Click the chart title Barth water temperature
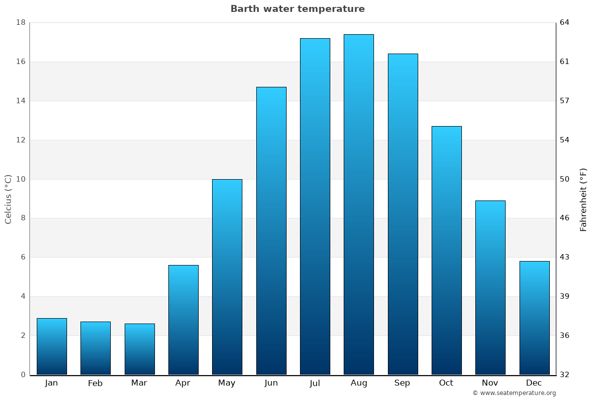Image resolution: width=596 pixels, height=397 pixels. (x=298, y=9)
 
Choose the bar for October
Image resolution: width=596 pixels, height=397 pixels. (x=447, y=250)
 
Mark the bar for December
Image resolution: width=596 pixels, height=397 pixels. (x=534, y=318)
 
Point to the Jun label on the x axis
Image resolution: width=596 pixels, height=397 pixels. (x=271, y=383)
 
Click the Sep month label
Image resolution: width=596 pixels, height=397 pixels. (x=402, y=383)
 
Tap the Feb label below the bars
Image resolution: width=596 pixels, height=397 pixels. (x=95, y=383)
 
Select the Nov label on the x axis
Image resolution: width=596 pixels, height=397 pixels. (x=490, y=383)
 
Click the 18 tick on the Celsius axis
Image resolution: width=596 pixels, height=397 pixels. (x=21, y=22)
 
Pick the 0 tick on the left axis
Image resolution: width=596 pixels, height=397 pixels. (x=23, y=375)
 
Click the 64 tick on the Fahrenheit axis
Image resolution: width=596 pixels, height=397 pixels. (x=565, y=22)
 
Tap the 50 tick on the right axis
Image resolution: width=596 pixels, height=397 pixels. (x=565, y=179)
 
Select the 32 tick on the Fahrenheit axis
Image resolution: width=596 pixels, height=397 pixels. (x=565, y=375)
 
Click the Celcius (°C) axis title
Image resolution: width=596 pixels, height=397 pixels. (x=8, y=199)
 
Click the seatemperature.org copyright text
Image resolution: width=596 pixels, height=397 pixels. (x=514, y=393)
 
